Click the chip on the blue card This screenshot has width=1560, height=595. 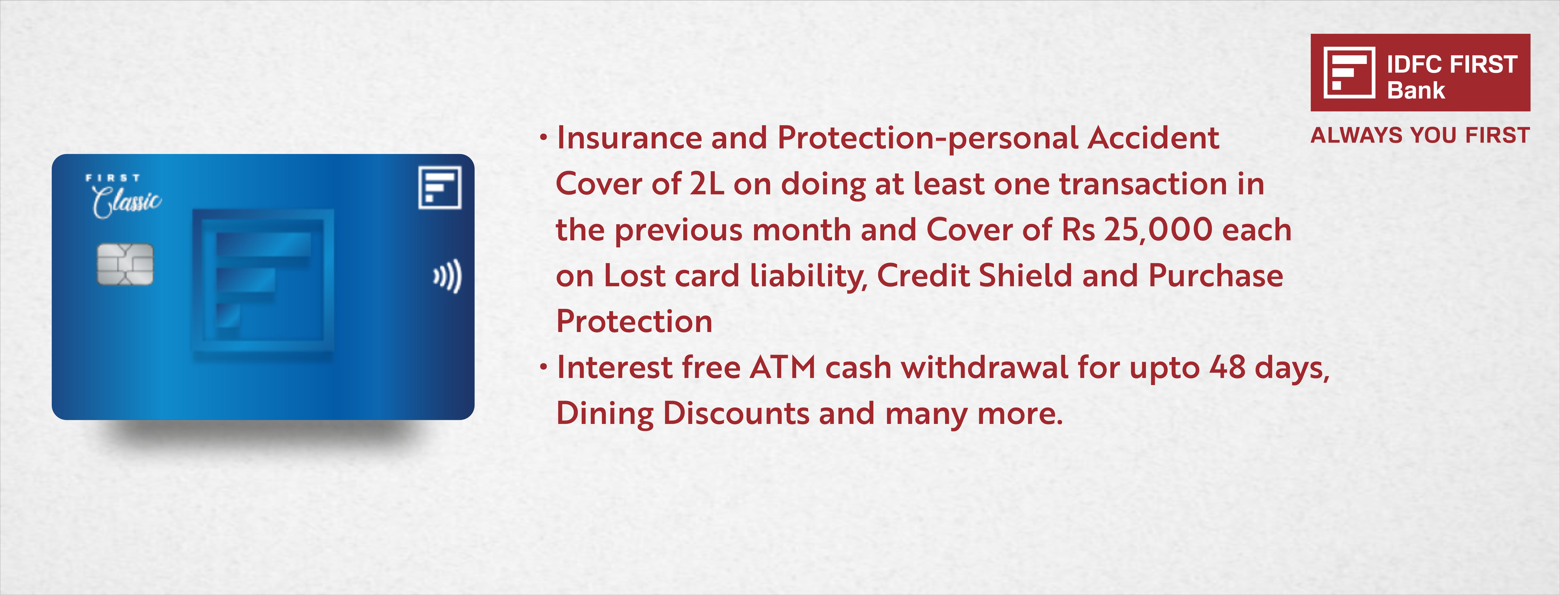(x=125, y=264)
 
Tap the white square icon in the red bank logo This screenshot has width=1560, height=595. (x=1349, y=73)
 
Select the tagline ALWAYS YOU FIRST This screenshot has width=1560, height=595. (x=1420, y=135)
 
